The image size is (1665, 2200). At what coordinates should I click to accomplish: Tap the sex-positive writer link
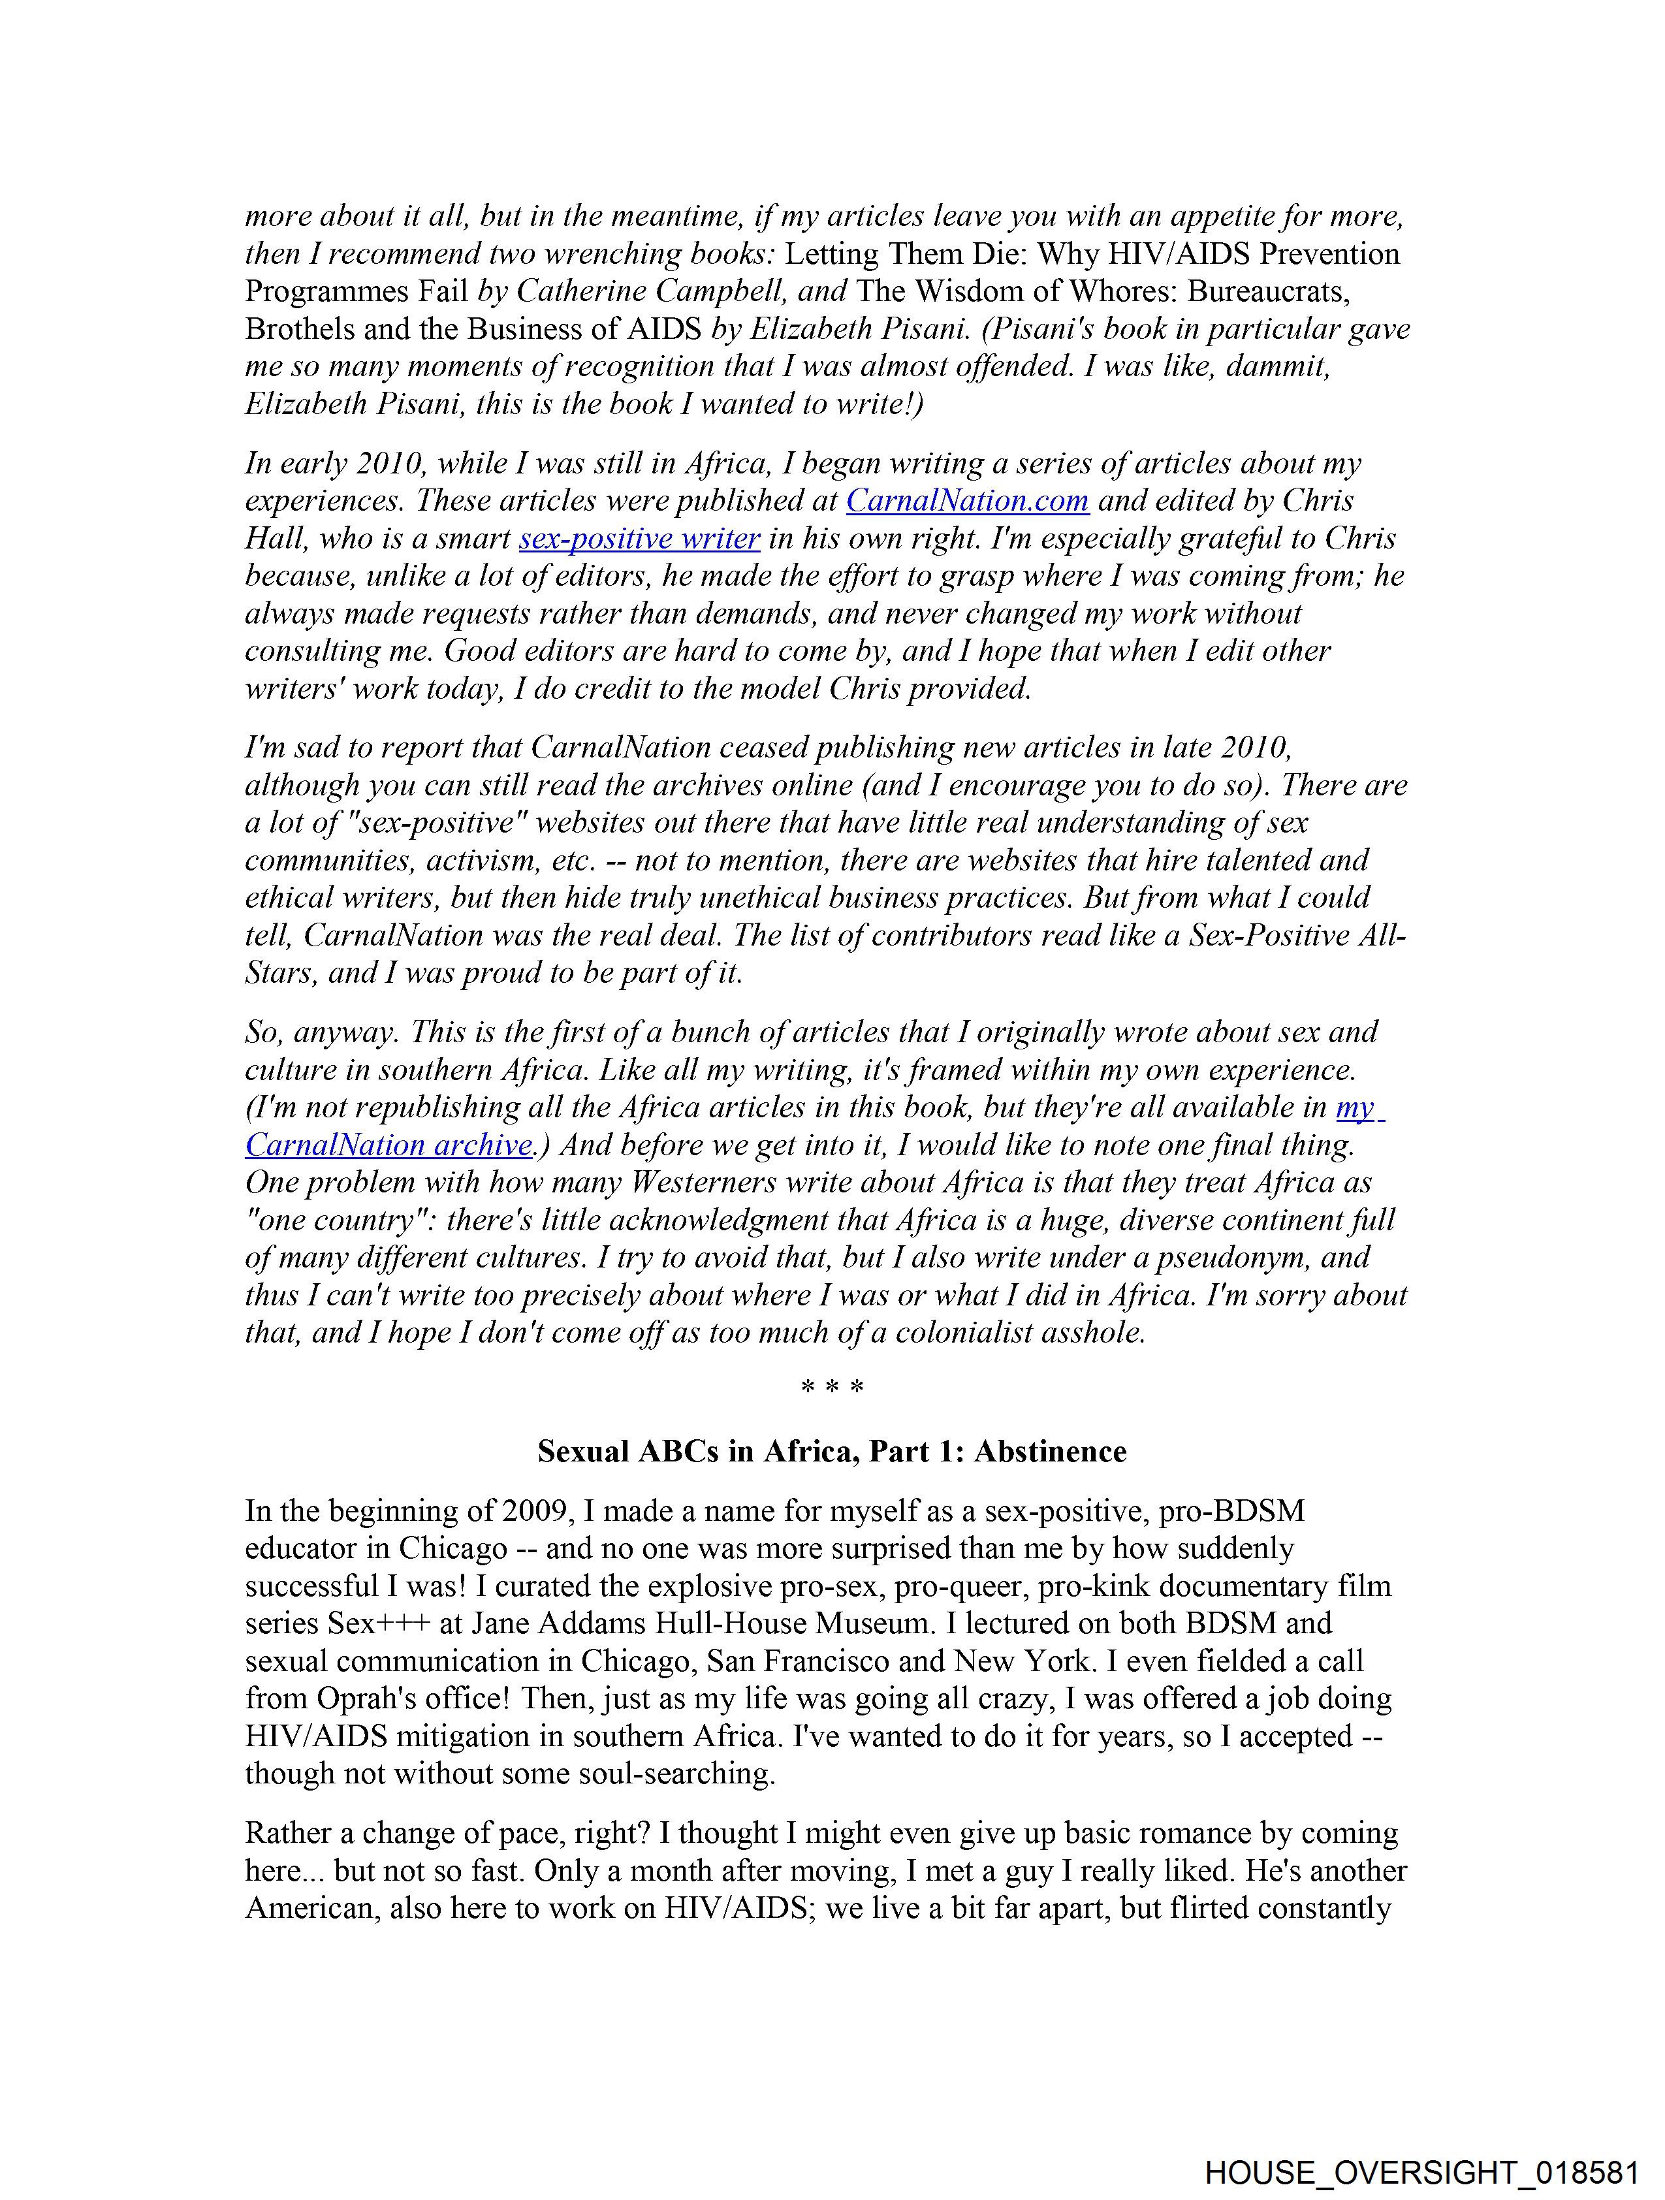tap(639, 538)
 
